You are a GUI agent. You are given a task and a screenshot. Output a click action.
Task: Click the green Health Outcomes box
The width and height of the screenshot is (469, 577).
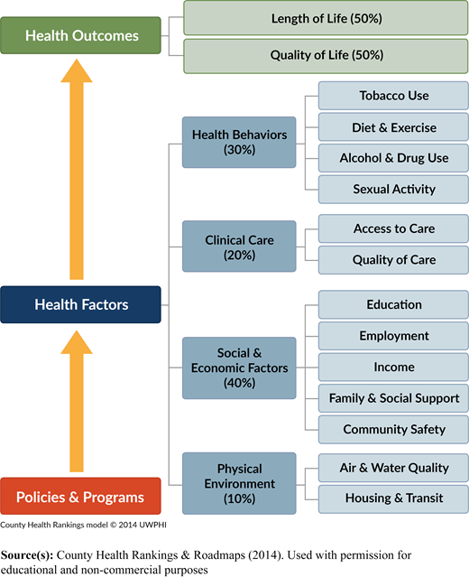(x=80, y=35)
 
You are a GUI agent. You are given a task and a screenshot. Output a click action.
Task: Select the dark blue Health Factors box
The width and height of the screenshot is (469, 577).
(x=80, y=304)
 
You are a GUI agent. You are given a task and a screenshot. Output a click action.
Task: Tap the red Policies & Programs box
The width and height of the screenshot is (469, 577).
(x=80, y=496)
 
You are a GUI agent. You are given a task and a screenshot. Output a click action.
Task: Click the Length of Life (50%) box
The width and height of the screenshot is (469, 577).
(x=326, y=18)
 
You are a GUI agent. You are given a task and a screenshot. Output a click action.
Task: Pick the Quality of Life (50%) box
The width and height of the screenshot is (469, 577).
(x=326, y=56)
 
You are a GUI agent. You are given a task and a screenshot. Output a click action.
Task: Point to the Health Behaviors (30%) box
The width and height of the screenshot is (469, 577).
(x=239, y=143)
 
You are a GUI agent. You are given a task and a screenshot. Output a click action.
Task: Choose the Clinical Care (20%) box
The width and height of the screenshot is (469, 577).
(x=239, y=247)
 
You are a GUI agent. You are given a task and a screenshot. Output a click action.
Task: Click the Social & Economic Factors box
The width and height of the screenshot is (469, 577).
(x=239, y=368)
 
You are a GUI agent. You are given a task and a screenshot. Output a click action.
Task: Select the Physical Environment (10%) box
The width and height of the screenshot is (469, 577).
(x=239, y=483)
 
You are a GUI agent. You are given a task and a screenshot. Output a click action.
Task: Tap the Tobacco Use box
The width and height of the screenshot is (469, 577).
(x=393, y=96)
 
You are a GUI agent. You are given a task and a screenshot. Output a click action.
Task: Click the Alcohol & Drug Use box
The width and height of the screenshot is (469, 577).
(x=393, y=158)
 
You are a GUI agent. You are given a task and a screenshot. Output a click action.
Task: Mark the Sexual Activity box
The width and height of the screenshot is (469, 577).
(x=393, y=190)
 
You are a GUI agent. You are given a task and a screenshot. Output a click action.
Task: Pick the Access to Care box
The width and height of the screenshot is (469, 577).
(x=393, y=228)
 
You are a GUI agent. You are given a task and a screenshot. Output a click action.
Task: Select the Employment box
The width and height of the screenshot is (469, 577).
(x=393, y=336)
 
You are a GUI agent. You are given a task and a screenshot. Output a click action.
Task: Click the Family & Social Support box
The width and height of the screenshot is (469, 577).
(x=393, y=398)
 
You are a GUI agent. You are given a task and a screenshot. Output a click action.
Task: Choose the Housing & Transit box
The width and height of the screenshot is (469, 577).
(x=393, y=499)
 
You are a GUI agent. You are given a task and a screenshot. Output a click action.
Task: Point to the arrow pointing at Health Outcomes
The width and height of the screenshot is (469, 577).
(x=77, y=169)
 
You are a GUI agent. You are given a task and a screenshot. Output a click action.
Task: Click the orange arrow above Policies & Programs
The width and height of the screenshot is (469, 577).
(x=77, y=401)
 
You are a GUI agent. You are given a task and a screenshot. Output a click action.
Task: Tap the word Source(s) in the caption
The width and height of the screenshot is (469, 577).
(x=27, y=555)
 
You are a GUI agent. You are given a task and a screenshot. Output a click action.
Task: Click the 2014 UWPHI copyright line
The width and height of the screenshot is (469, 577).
(x=83, y=525)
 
